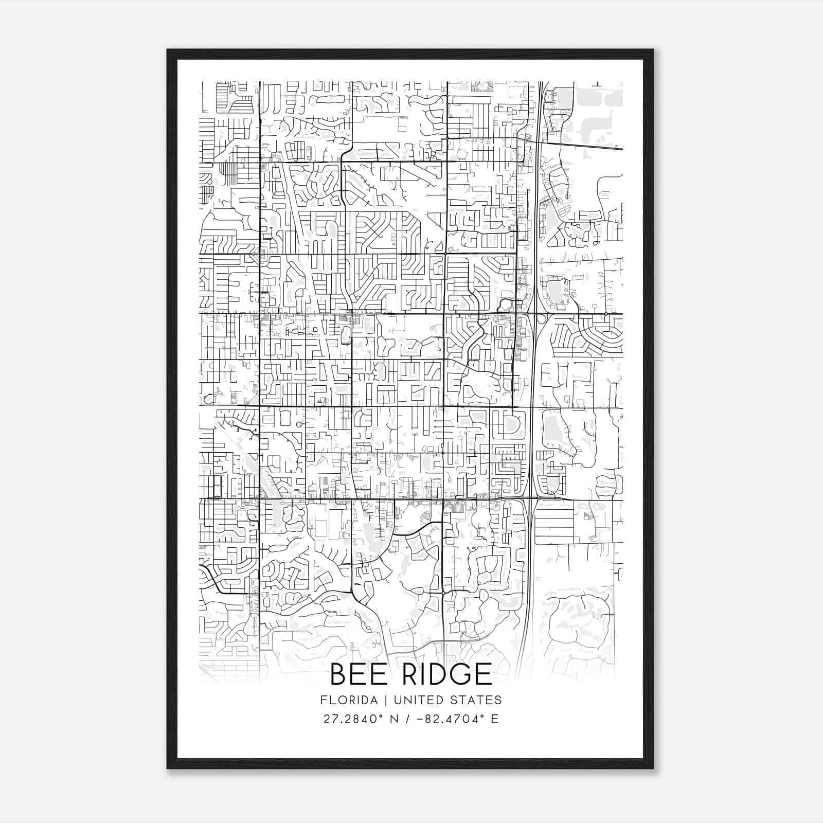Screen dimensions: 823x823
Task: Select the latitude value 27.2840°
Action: click(x=353, y=719)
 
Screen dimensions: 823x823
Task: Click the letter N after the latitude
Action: click(x=396, y=719)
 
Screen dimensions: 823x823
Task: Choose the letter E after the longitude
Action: click(x=495, y=719)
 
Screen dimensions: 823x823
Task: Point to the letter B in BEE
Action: click(x=338, y=674)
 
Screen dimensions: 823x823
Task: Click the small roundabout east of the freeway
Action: click(x=606, y=313)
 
